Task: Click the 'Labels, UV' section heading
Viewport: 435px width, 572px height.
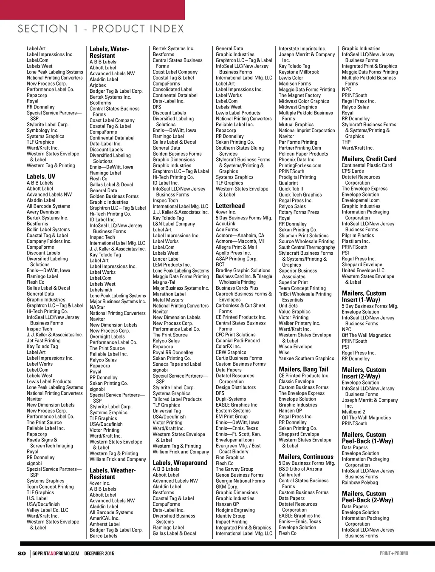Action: point(41,176)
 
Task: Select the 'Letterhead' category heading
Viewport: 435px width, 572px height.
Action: point(230,205)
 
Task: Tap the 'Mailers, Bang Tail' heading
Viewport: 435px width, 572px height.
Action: point(303,369)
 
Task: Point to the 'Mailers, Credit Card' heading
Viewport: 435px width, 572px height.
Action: point(369,159)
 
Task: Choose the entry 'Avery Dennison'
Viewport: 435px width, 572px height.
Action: point(43,212)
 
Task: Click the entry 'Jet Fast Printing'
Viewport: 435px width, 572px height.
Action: point(44,341)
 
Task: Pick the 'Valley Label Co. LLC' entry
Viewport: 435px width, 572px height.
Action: point(47,510)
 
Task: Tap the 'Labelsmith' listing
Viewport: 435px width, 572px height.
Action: point(101,290)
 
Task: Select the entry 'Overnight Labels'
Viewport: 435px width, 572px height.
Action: point(107,336)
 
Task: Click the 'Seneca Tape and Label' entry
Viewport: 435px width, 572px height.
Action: point(177,364)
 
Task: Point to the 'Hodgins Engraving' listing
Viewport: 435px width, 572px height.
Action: point(235,510)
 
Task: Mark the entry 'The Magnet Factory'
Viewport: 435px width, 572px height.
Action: point(299,95)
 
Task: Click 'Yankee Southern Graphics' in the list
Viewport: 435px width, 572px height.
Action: point(306,359)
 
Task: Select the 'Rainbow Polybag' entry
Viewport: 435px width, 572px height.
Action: point(360,482)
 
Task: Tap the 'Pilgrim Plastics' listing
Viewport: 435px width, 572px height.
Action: point(358,235)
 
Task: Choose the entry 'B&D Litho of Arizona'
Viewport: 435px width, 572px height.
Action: point(300,469)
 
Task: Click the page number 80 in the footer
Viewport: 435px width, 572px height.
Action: point(22,553)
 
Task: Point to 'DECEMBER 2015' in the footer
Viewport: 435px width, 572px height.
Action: point(99,553)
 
